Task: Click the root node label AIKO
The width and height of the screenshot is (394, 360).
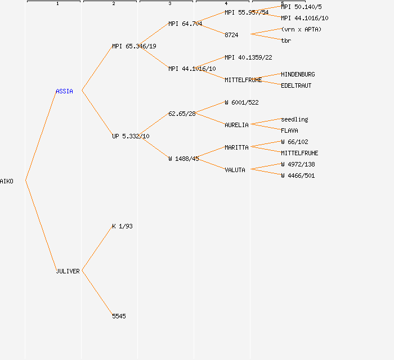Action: point(7,181)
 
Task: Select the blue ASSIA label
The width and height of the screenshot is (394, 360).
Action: point(64,91)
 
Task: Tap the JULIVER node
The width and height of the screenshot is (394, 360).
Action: point(68,271)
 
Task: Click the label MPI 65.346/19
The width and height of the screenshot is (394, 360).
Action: point(134,46)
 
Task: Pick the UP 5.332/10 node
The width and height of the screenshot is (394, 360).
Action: point(131,136)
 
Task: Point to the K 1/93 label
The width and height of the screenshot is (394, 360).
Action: point(122,226)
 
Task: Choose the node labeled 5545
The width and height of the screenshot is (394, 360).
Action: point(119,316)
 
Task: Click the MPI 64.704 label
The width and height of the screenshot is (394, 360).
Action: point(185,24)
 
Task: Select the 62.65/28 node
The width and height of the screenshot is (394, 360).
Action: point(182,114)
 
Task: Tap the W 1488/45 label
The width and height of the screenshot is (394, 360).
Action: point(183,159)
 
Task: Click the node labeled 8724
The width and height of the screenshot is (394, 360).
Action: point(231,35)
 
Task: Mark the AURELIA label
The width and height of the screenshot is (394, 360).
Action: point(236,125)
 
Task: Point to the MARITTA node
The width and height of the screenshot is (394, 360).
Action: point(236,147)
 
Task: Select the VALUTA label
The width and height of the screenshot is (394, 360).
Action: point(235,170)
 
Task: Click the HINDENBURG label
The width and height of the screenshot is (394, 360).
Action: point(298,74)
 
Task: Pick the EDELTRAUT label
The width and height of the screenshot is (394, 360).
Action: point(296,85)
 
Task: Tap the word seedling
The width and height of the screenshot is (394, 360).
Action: point(294,119)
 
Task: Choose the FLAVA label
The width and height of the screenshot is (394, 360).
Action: point(289,130)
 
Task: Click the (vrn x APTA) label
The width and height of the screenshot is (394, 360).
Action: point(301,29)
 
